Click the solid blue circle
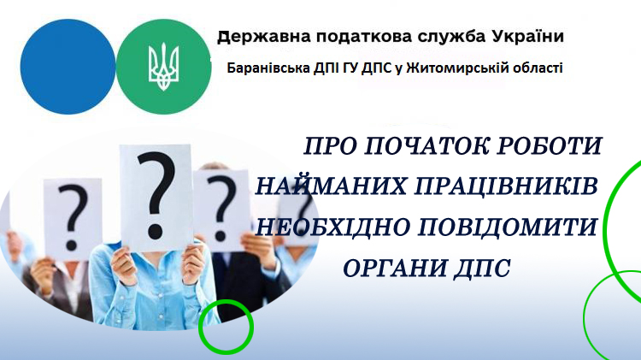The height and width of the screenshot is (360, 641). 68,67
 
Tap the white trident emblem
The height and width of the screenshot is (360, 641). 163,67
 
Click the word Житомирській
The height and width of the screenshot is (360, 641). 445,68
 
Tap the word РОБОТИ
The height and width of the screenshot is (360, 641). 550,145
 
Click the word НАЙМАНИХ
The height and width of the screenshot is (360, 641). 331,186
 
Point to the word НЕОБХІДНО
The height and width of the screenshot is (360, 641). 332,227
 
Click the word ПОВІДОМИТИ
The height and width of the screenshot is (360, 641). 509,227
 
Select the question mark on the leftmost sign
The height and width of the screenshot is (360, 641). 73,217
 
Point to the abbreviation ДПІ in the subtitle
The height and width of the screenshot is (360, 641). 326,68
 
